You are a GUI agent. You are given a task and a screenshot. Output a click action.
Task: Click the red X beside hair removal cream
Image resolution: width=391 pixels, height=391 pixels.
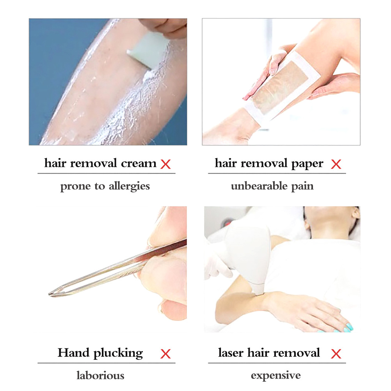pos(165,164)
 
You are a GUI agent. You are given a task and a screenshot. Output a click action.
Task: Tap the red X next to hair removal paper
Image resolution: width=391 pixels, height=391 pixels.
pos(336,164)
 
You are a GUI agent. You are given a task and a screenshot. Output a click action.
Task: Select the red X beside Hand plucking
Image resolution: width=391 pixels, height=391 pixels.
pos(165,354)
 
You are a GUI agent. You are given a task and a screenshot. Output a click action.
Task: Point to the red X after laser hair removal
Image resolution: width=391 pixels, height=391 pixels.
pos(336,354)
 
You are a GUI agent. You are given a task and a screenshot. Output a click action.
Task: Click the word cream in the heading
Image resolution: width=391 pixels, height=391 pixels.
pos(139,164)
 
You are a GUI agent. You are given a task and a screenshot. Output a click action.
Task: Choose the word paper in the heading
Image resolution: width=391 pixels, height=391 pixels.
pos(307,164)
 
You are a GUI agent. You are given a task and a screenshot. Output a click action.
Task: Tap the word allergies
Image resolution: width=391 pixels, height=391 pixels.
pos(129,186)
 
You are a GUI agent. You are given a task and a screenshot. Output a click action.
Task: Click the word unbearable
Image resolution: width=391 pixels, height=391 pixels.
pos(259,186)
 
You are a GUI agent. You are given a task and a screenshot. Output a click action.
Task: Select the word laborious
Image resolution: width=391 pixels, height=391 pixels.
pos(100,375)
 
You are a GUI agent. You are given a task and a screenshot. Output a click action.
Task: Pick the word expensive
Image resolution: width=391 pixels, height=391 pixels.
pos(275,376)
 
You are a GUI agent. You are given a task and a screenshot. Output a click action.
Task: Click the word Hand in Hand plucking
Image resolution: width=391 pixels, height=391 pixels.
pos(73,353)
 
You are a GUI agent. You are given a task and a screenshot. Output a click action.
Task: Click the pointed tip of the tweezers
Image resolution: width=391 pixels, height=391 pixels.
pos(50,294)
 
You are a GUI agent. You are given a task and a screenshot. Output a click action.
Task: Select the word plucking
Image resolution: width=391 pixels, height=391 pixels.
pos(118,354)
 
